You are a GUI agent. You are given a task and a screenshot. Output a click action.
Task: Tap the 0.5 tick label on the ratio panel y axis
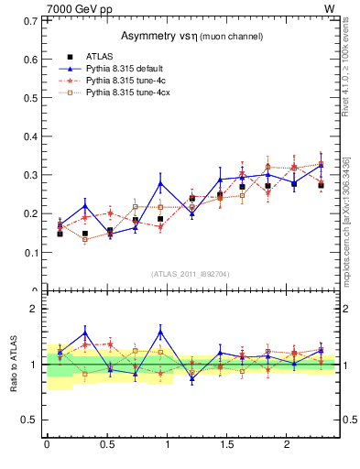[x=33, y=420]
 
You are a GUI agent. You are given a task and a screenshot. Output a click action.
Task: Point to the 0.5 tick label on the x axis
[x=107, y=445]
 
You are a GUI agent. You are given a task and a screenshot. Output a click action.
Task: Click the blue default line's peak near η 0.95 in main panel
[x=160, y=183]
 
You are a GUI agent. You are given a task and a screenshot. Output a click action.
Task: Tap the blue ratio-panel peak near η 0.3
[x=85, y=333]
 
